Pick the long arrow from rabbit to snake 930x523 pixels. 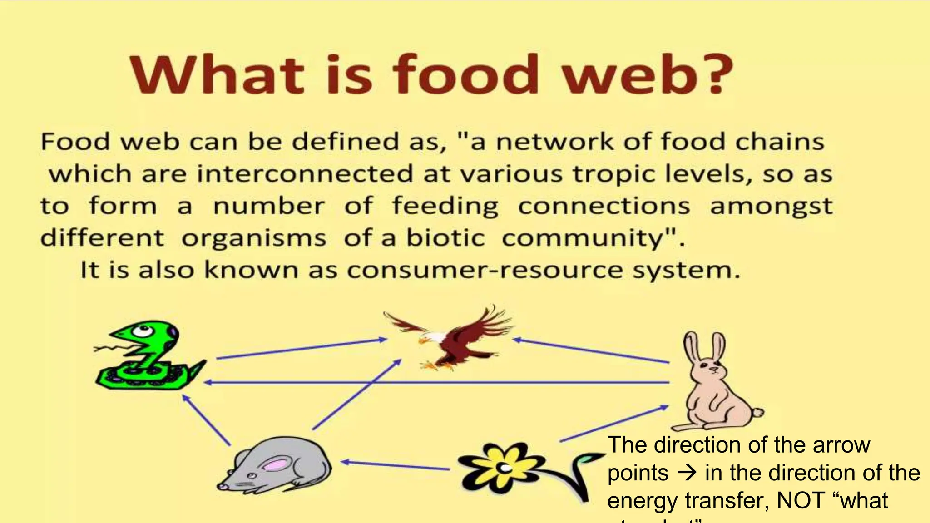click(x=436, y=383)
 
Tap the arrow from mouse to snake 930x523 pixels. click(x=207, y=420)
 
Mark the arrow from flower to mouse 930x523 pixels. click(x=395, y=465)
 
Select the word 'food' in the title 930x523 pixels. click(x=465, y=75)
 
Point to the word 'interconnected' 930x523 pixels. click(x=305, y=174)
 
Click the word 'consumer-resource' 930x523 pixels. click(x=485, y=271)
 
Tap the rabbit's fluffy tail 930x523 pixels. click(x=757, y=412)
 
